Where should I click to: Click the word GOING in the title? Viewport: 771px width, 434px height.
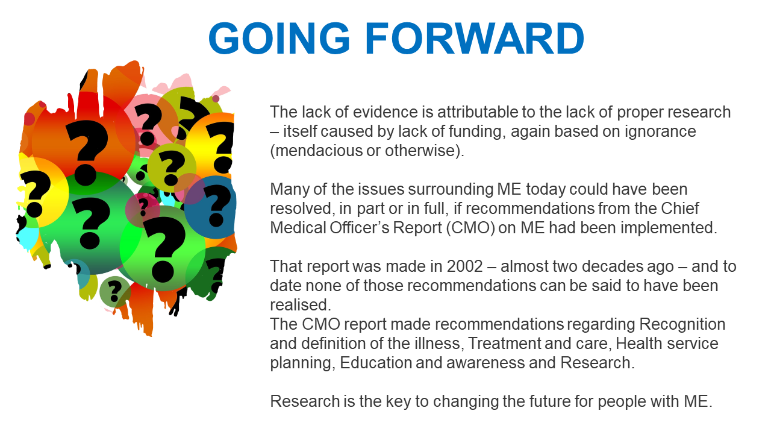(x=279, y=38)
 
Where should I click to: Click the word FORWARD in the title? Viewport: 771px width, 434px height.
(x=475, y=38)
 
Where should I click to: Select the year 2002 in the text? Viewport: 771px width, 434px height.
(x=464, y=266)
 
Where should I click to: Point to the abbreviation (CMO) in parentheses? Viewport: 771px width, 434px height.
(x=470, y=228)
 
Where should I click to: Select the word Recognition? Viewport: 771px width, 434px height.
(x=682, y=324)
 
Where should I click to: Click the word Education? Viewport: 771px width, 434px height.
(x=376, y=363)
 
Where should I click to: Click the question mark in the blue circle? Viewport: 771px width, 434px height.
(x=216, y=206)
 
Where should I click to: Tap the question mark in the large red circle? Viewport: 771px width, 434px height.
(x=87, y=151)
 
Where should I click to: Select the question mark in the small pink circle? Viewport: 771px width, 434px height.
(x=143, y=207)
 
